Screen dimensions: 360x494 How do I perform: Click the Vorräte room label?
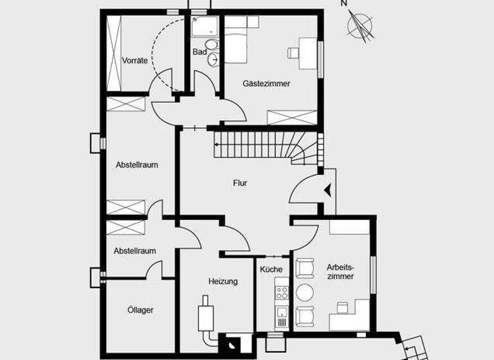point(134,61)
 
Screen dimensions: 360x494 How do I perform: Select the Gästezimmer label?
point(266,84)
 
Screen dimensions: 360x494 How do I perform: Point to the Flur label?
point(240,183)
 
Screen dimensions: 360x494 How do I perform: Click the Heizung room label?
point(223,282)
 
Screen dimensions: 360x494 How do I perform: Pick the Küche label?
point(271,269)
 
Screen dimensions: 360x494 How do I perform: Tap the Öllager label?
point(140,310)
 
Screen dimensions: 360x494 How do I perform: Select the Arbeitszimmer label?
point(340,271)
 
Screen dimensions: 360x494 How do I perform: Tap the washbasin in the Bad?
point(213,59)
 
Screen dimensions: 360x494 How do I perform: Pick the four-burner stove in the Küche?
point(282,293)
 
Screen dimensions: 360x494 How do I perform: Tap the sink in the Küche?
point(281,316)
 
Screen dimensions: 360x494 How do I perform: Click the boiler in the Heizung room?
point(206,315)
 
